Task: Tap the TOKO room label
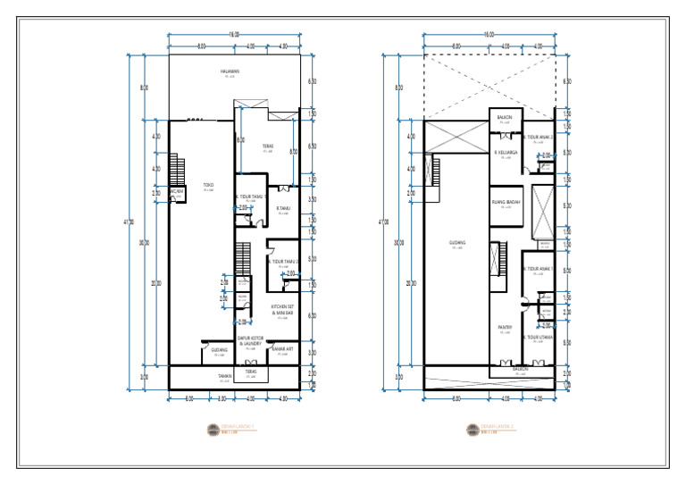pos(208,186)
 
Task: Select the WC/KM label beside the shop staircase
pos(177,190)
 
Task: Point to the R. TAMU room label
pos(284,209)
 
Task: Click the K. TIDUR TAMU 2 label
pos(284,262)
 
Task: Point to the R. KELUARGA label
pos(507,153)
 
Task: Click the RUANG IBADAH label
pos(506,203)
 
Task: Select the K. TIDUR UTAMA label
pos(540,338)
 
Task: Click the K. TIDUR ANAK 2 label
pos(539,137)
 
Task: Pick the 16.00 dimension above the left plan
pos(234,34)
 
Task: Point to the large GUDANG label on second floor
pos(456,243)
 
